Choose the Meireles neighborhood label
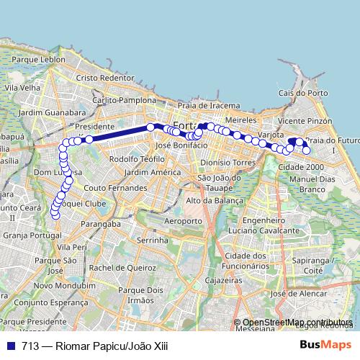pos(240,116)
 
